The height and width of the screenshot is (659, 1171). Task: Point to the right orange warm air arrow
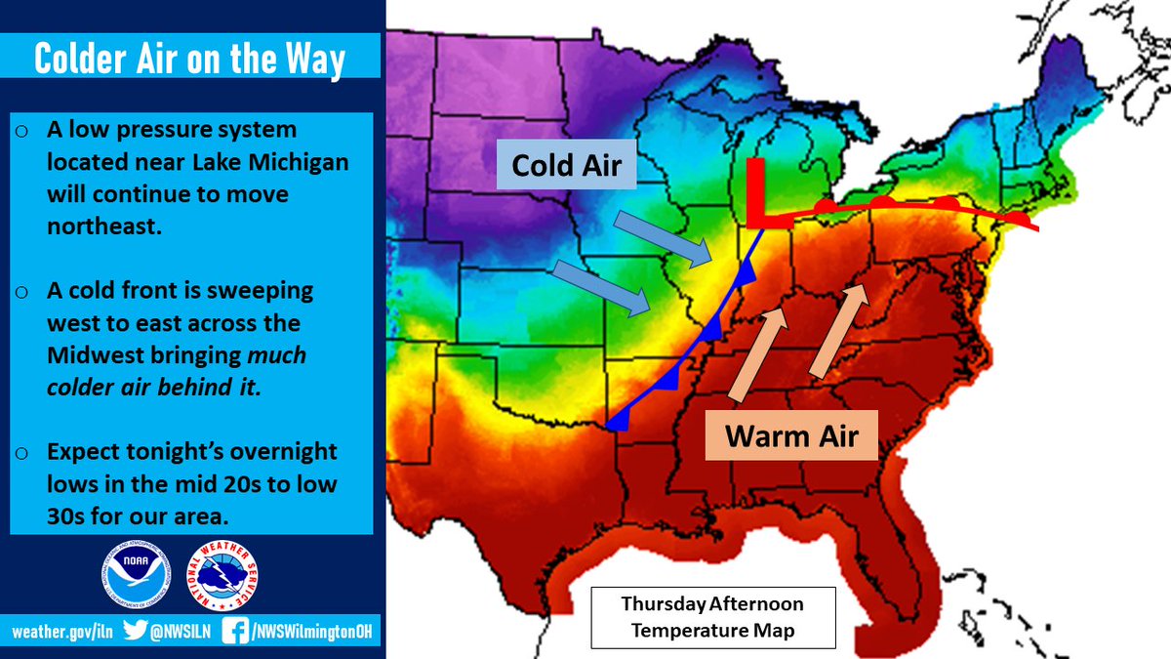click(837, 332)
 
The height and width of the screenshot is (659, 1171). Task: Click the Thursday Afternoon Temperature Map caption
click(713, 617)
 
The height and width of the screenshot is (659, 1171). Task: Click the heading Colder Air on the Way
click(190, 60)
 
